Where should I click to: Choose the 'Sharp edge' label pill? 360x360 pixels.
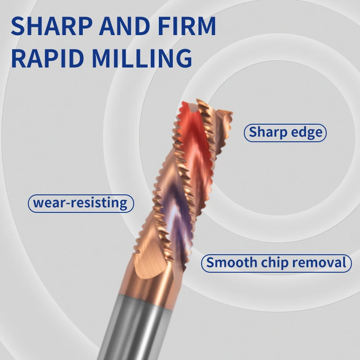[x=285, y=133]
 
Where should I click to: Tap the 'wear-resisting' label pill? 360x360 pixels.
[x=81, y=203]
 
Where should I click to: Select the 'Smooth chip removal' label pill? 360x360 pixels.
[x=276, y=262]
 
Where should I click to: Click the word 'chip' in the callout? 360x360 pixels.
[x=271, y=263]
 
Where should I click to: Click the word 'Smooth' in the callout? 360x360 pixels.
[x=229, y=262]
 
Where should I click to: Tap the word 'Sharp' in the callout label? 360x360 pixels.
[x=268, y=133]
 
